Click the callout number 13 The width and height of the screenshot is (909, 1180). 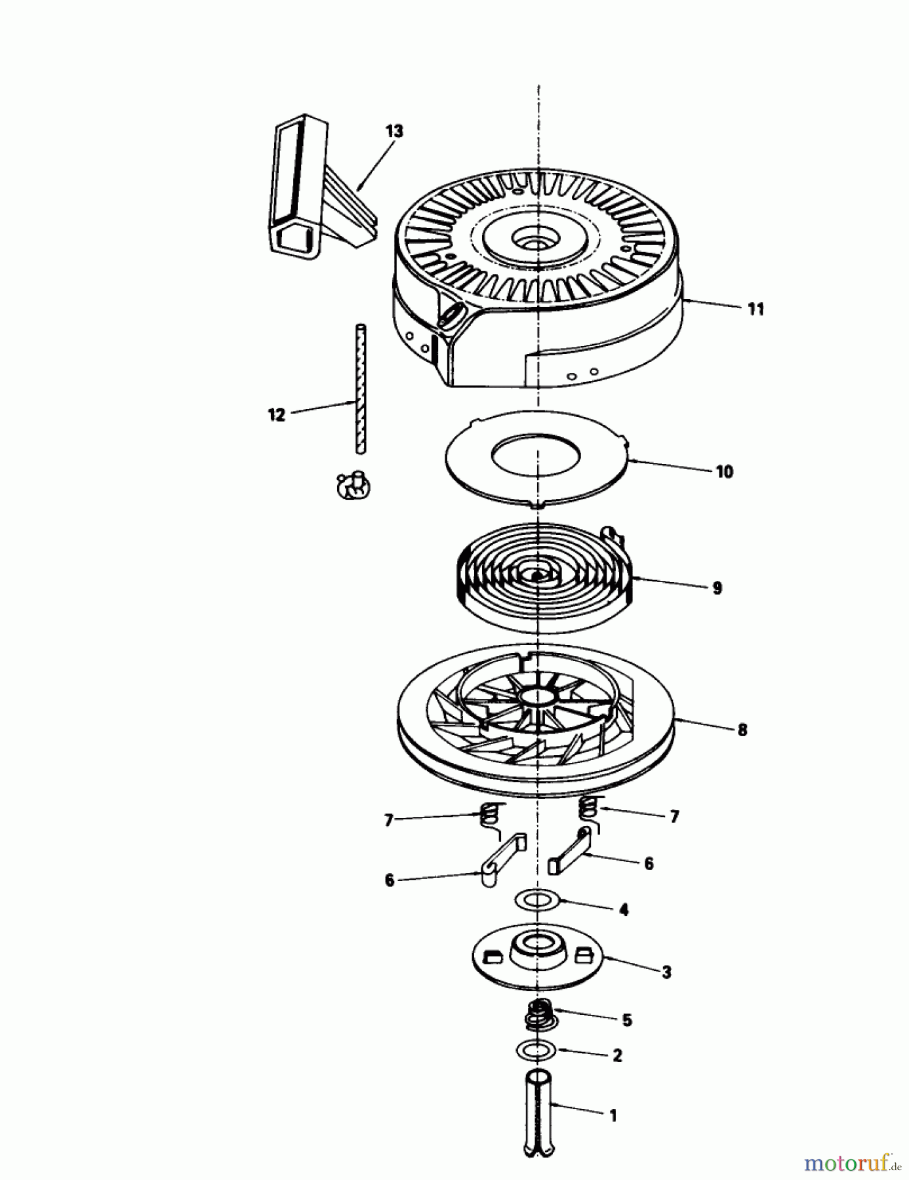394,131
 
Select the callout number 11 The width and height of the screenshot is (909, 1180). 756,309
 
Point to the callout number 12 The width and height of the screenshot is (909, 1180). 277,415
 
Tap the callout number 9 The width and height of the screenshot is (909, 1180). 717,588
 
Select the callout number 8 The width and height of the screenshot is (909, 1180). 742,730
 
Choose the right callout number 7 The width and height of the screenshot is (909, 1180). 674,817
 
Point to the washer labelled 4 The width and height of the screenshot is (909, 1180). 537,899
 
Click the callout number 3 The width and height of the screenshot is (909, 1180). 666,972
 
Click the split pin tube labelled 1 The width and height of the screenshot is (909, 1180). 538,1108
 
